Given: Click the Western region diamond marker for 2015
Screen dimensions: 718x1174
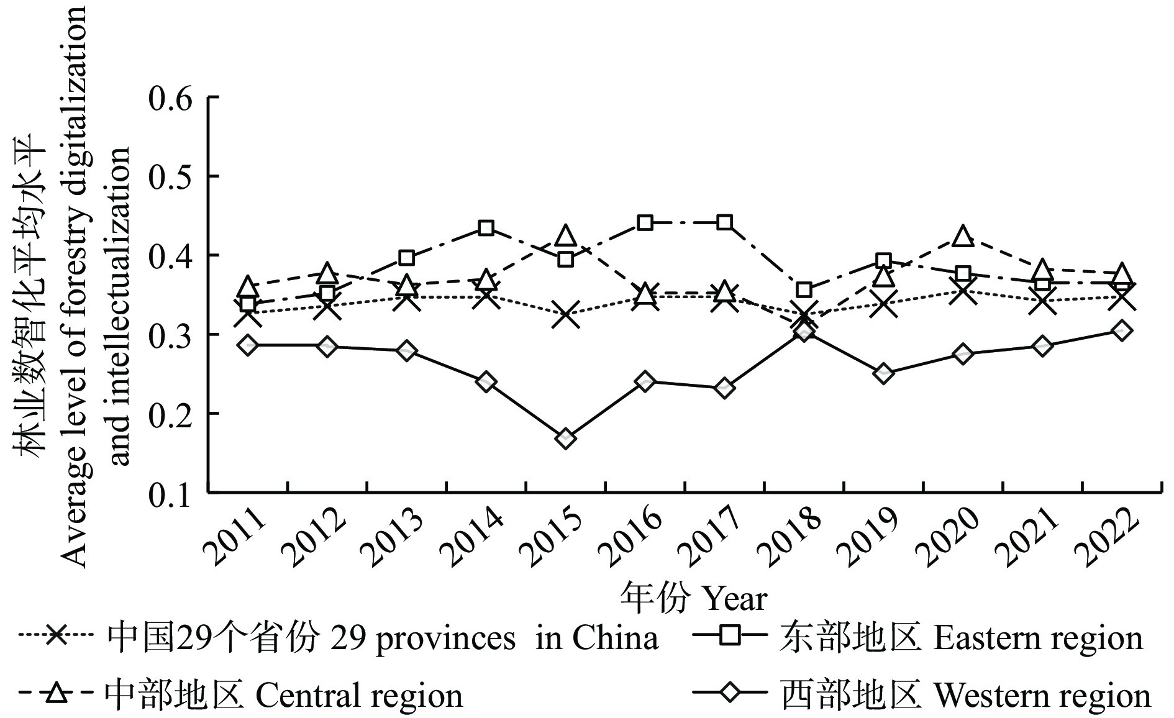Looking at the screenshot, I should coord(565,439).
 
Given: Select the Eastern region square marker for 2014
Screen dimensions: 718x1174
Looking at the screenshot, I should coord(486,228).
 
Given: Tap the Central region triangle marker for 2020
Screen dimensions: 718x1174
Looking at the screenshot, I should coord(963,237).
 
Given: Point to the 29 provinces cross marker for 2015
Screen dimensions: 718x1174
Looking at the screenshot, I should coord(565,314).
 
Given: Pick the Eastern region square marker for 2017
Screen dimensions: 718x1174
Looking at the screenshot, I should coord(724,222).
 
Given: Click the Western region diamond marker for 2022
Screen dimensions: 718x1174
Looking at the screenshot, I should coord(1121,330).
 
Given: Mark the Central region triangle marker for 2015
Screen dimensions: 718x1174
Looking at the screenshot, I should coord(565,236).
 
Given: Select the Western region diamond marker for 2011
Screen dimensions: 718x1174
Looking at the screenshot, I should coord(248,345).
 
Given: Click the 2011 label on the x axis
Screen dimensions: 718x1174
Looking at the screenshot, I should coord(234,537).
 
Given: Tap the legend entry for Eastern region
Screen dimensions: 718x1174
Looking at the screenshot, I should coord(960,638).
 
